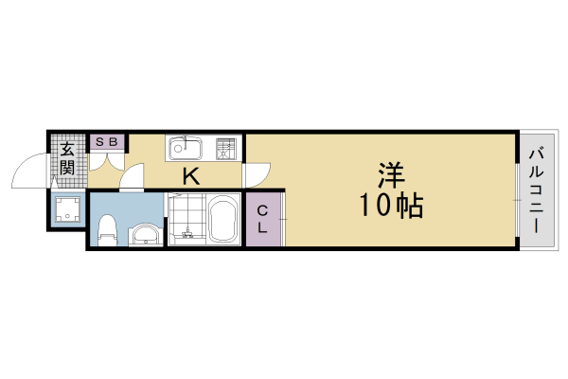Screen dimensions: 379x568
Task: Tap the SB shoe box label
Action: pos(106,142)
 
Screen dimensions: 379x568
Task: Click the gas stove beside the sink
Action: pos(226,148)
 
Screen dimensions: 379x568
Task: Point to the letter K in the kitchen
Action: pos(190,175)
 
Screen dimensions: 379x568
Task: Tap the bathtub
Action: pos(224,221)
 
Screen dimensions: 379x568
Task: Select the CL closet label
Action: pos(262,220)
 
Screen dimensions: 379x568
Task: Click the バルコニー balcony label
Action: pos(536,190)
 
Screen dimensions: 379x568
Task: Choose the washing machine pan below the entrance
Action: pos(66,209)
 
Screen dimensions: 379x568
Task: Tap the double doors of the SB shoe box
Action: pos(106,160)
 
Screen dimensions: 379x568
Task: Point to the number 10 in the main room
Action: pos(372,204)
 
